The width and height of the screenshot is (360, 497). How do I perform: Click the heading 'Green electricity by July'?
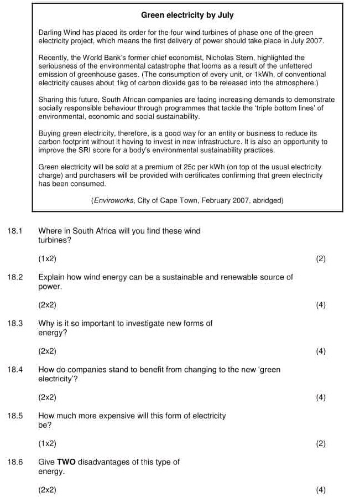187,15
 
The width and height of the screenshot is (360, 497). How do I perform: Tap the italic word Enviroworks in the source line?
114,201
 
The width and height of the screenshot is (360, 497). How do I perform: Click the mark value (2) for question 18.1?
321,258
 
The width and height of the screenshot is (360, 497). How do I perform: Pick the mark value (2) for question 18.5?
321,443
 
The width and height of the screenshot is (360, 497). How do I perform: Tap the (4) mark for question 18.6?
321,490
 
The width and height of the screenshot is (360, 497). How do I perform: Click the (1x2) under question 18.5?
47,443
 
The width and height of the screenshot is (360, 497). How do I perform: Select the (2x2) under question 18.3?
47,351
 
